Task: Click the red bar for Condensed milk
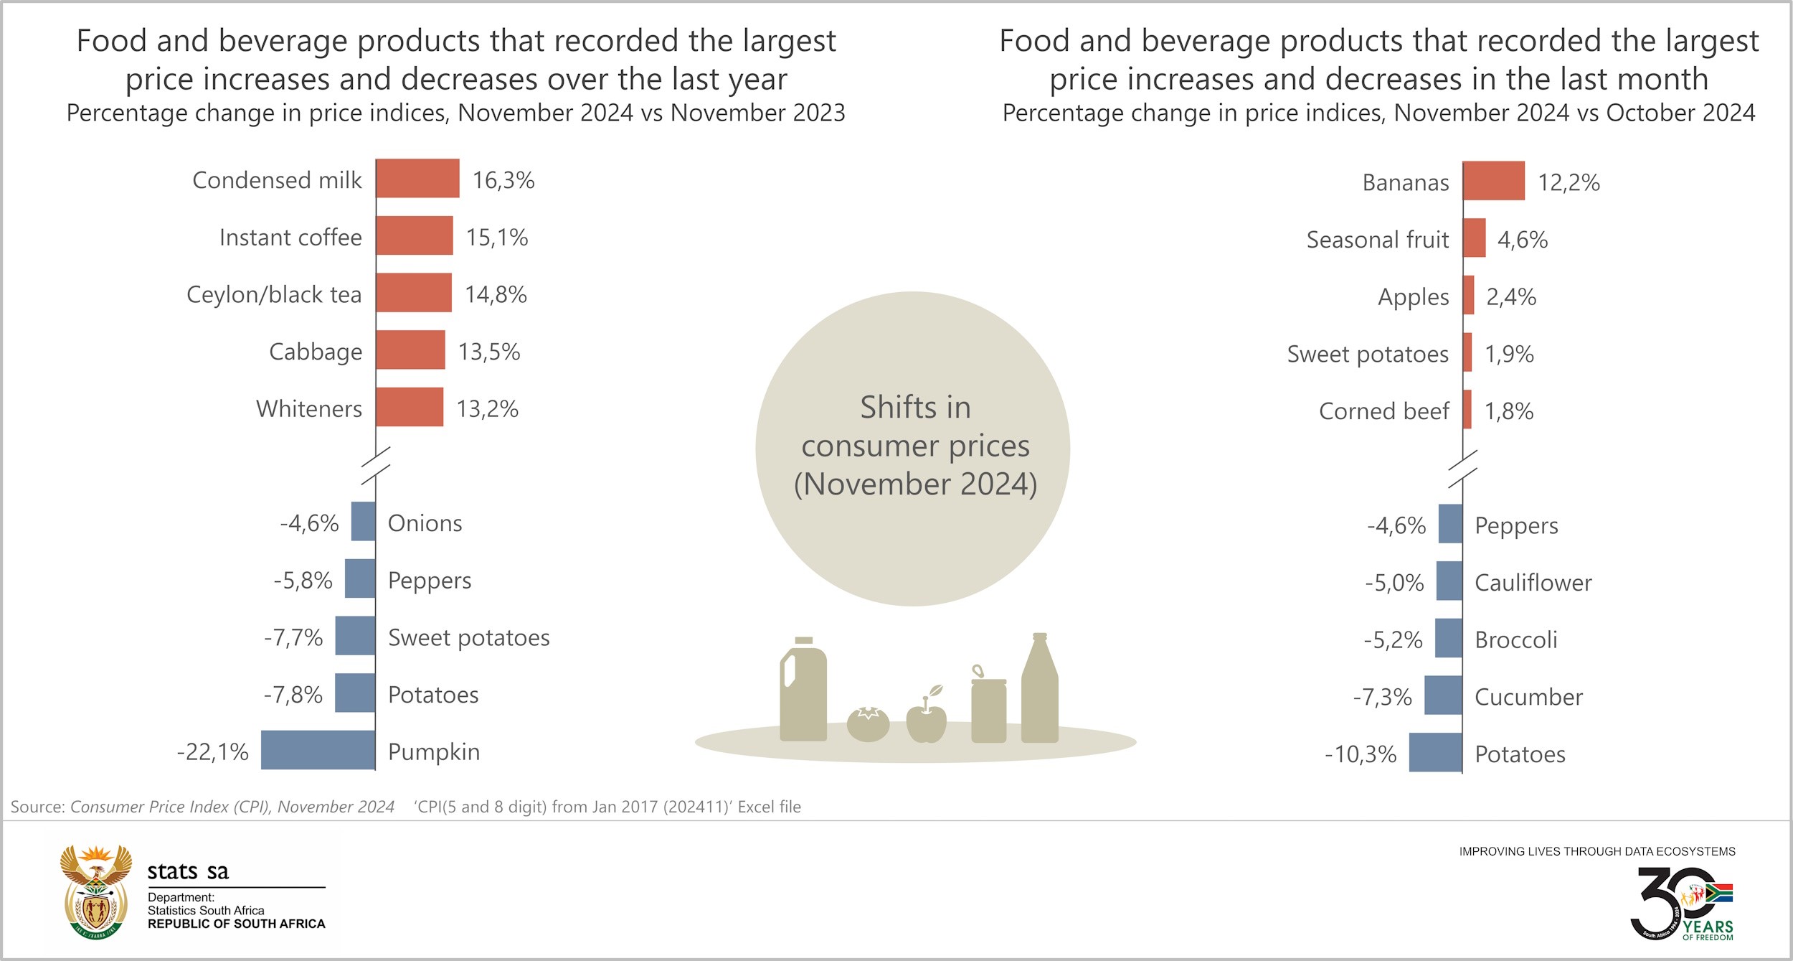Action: click(417, 178)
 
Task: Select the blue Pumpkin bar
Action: click(318, 750)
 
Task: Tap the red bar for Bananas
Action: click(1493, 181)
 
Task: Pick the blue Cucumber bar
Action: click(1443, 695)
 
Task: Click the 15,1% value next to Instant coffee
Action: click(497, 238)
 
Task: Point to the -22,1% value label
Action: click(213, 751)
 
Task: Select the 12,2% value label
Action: click(1569, 182)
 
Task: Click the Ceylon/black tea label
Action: click(274, 294)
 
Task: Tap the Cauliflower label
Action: click(1533, 583)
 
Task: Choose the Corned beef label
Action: click(1383, 411)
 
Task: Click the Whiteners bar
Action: click(410, 407)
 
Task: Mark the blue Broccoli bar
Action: click(1448, 638)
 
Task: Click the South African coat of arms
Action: click(96, 891)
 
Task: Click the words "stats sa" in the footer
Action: click(188, 871)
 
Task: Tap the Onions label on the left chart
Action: click(425, 523)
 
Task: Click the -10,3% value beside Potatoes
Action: click(1361, 754)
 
